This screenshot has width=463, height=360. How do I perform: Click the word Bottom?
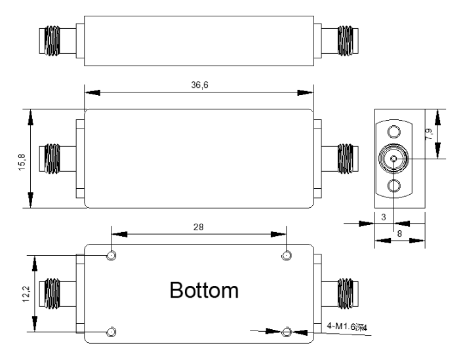pos(200,290)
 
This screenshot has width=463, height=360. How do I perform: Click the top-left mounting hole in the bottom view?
pos(112,255)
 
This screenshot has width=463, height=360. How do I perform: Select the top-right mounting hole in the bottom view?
pos(287,255)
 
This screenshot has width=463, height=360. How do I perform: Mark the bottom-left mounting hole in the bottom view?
pos(112,332)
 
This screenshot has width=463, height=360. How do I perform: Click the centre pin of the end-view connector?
pos(393,158)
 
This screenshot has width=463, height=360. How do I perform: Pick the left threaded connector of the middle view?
pos(52,158)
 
